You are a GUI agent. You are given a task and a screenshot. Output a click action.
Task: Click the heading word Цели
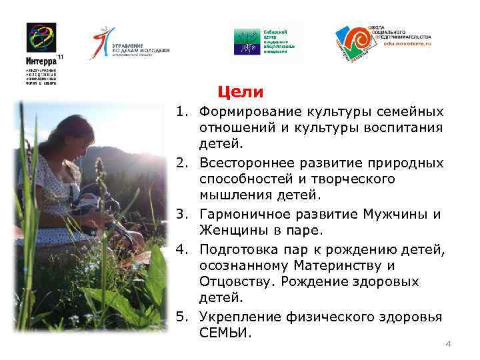click(x=241, y=91)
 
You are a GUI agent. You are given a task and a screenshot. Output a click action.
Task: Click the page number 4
click(x=448, y=344)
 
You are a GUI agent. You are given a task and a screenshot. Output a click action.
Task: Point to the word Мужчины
click(x=395, y=215)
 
